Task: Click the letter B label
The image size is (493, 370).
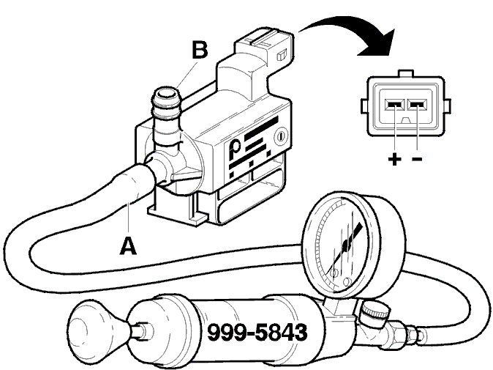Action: tap(200, 50)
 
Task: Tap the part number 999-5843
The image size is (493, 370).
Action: tap(257, 332)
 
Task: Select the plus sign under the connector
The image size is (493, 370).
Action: tap(394, 159)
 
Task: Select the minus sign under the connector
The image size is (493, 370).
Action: tap(417, 159)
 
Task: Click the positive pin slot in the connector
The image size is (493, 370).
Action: tap(394, 105)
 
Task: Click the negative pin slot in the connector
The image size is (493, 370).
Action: tap(417, 105)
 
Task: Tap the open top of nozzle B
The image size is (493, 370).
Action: tap(166, 95)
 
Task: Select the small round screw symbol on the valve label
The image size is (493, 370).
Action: tap(281, 136)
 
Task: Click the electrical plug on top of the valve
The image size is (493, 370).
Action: tap(266, 47)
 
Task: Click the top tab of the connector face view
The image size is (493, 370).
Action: tap(406, 73)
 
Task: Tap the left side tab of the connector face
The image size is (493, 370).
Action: tap(364, 106)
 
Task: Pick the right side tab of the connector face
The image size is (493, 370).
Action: tap(447, 106)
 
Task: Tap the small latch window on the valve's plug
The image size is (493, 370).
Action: tap(281, 56)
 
